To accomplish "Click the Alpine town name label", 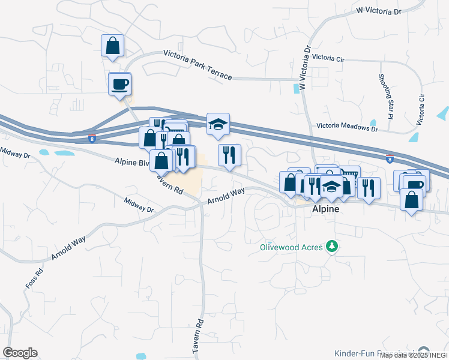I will [326, 209].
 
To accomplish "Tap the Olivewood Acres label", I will [291, 247].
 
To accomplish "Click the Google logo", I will [20, 353].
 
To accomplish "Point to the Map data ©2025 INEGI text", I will [414, 355].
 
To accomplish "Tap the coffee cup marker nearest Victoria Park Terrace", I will [119, 83].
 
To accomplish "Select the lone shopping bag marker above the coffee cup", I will [112, 45].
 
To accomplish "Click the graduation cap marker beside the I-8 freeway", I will [218, 124].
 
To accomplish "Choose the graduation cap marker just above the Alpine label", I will [331, 186].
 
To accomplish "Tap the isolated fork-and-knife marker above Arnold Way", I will [229, 155].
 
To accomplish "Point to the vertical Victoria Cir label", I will [423, 109].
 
